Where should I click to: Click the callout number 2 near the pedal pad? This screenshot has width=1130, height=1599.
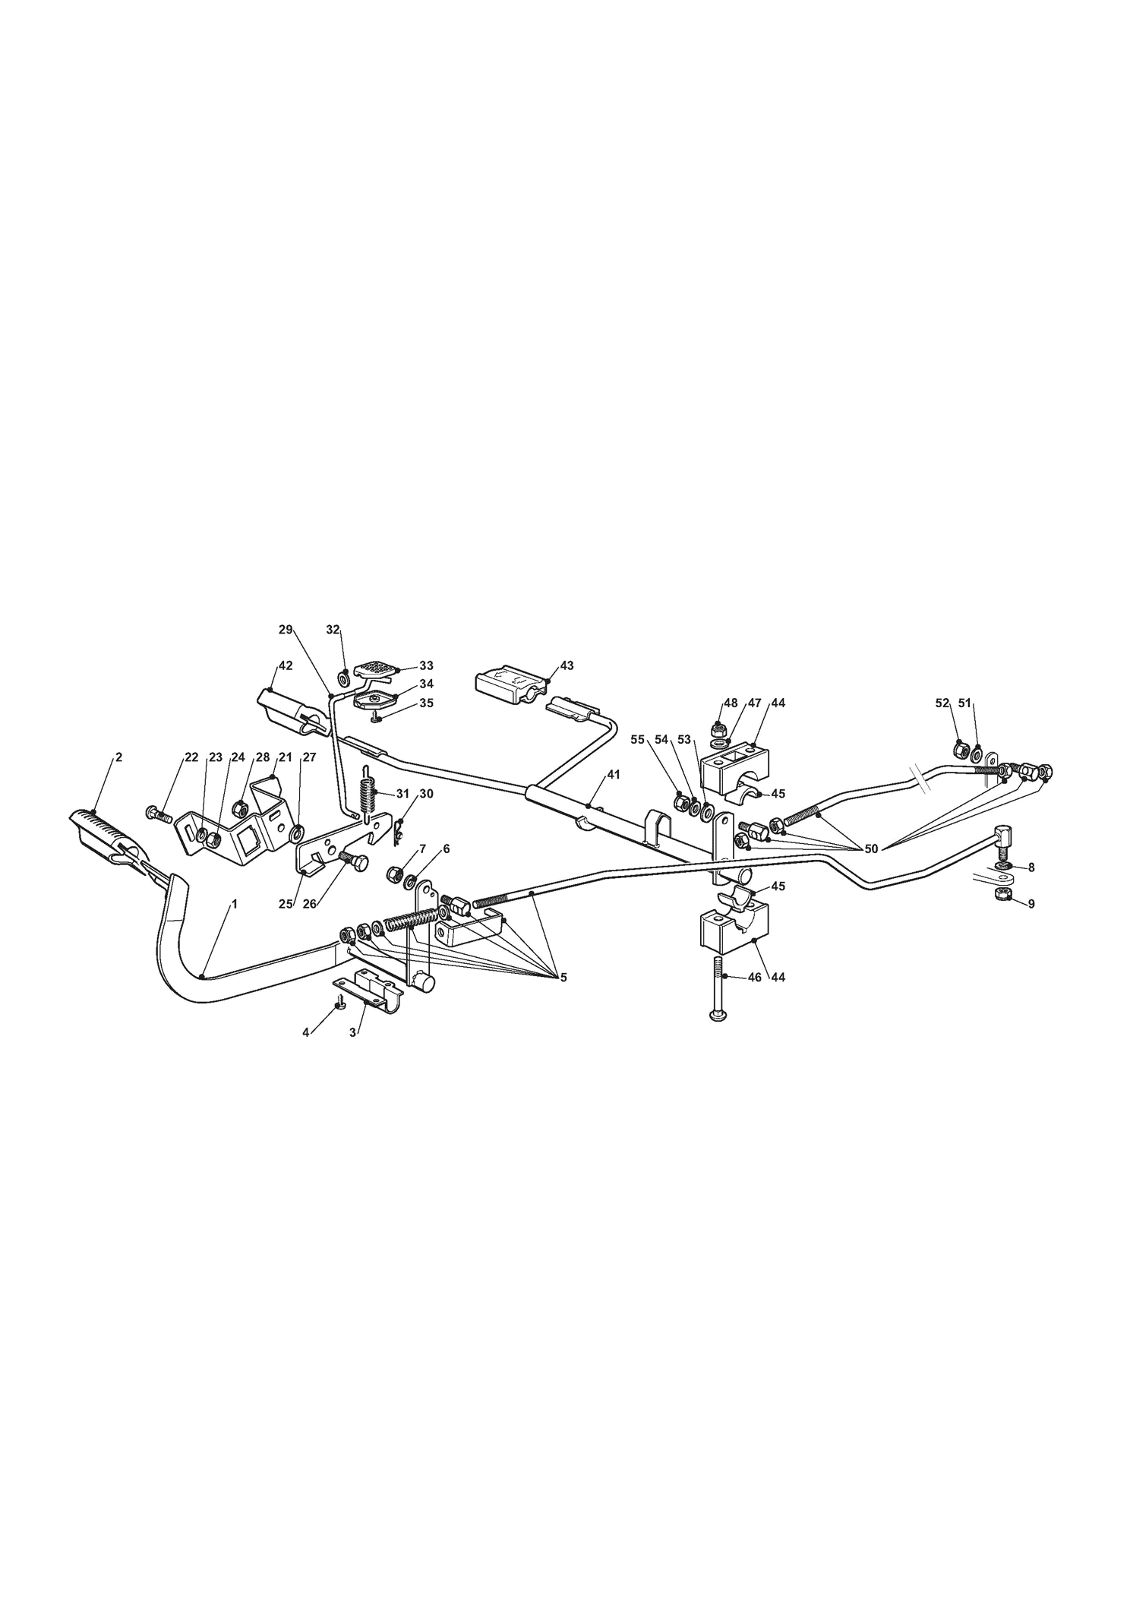pyautogui.click(x=118, y=757)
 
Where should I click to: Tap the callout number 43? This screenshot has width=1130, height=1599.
pyautogui.click(x=567, y=665)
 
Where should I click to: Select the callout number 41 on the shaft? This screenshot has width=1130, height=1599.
pyautogui.click(x=614, y=774)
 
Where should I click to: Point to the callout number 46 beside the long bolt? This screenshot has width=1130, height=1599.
pyautogui.click(x=754, y=978)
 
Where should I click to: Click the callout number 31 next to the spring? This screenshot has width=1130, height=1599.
pyautogui.click(x=402, y=794)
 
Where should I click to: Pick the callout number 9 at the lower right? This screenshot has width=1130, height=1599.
pyautogui.click(x=1031, y=904)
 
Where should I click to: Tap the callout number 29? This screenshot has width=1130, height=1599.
pyautogui.click(x=286, y=629)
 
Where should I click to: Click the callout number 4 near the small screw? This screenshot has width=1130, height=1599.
pyautogui.click(x=306, y=1032)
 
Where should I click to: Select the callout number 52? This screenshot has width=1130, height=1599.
pyautogui.click(x=942, y=703)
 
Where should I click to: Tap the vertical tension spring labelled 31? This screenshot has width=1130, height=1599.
pyautogui.click(x=368, y=795)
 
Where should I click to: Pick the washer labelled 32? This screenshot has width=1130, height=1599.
pyautogui.click(x=342, y=675)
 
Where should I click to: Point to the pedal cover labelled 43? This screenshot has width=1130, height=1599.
pyautogui.click(x=511, y=684)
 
